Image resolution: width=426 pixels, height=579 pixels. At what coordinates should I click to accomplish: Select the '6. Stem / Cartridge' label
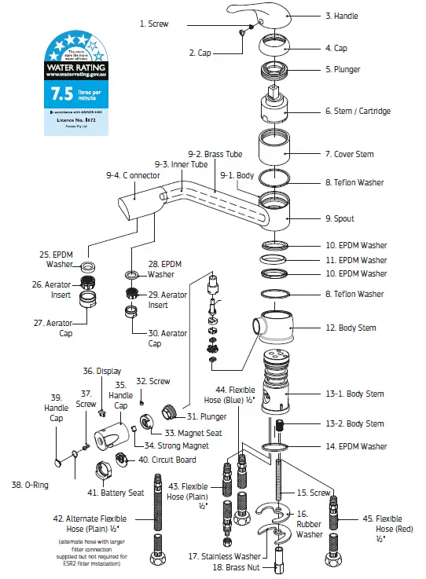(x=358, y=112)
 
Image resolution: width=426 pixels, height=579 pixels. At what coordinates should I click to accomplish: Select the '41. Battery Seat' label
(x=115, y=493)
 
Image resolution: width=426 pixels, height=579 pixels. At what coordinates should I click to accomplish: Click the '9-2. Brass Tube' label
(x=215, y=155)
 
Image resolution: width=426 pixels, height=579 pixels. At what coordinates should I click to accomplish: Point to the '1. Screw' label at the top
(x=154, y=24)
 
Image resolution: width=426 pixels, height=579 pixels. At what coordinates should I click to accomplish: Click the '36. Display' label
(x=101, y=371)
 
